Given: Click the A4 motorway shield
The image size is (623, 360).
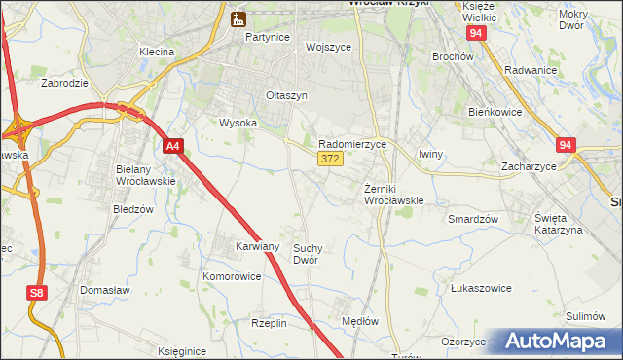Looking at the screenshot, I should (172, 147).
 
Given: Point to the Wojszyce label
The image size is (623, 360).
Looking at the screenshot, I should (327, 47).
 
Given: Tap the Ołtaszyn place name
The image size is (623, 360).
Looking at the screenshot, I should (286, 95).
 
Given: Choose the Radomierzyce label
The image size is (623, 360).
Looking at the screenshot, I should (353, 143).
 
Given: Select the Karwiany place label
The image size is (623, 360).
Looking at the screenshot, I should (257, 246).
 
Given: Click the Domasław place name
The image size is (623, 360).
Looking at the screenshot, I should (106, 291).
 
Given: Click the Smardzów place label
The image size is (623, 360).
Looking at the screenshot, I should (473, 219).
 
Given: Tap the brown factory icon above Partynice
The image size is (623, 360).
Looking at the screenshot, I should (238, 18).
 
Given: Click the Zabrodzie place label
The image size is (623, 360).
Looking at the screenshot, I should (65, 83).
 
